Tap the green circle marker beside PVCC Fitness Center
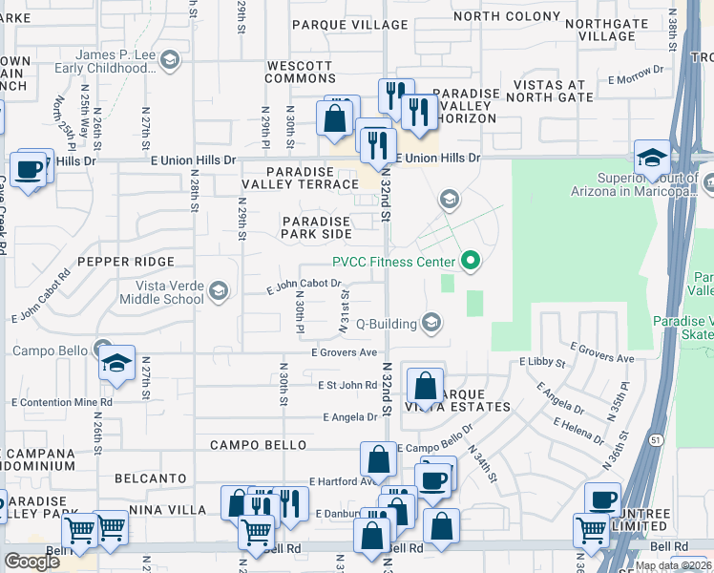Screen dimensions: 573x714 470,260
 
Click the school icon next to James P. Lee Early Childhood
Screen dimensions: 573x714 170,61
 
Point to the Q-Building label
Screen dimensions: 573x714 387,324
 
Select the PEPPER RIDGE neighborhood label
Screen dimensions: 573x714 126,262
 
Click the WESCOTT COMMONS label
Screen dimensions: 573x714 299,73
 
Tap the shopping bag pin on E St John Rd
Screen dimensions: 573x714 426,387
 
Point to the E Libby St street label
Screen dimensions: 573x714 542,363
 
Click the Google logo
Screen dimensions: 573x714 31,562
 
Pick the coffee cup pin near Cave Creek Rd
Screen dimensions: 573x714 30,169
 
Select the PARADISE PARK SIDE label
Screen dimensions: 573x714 316,227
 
